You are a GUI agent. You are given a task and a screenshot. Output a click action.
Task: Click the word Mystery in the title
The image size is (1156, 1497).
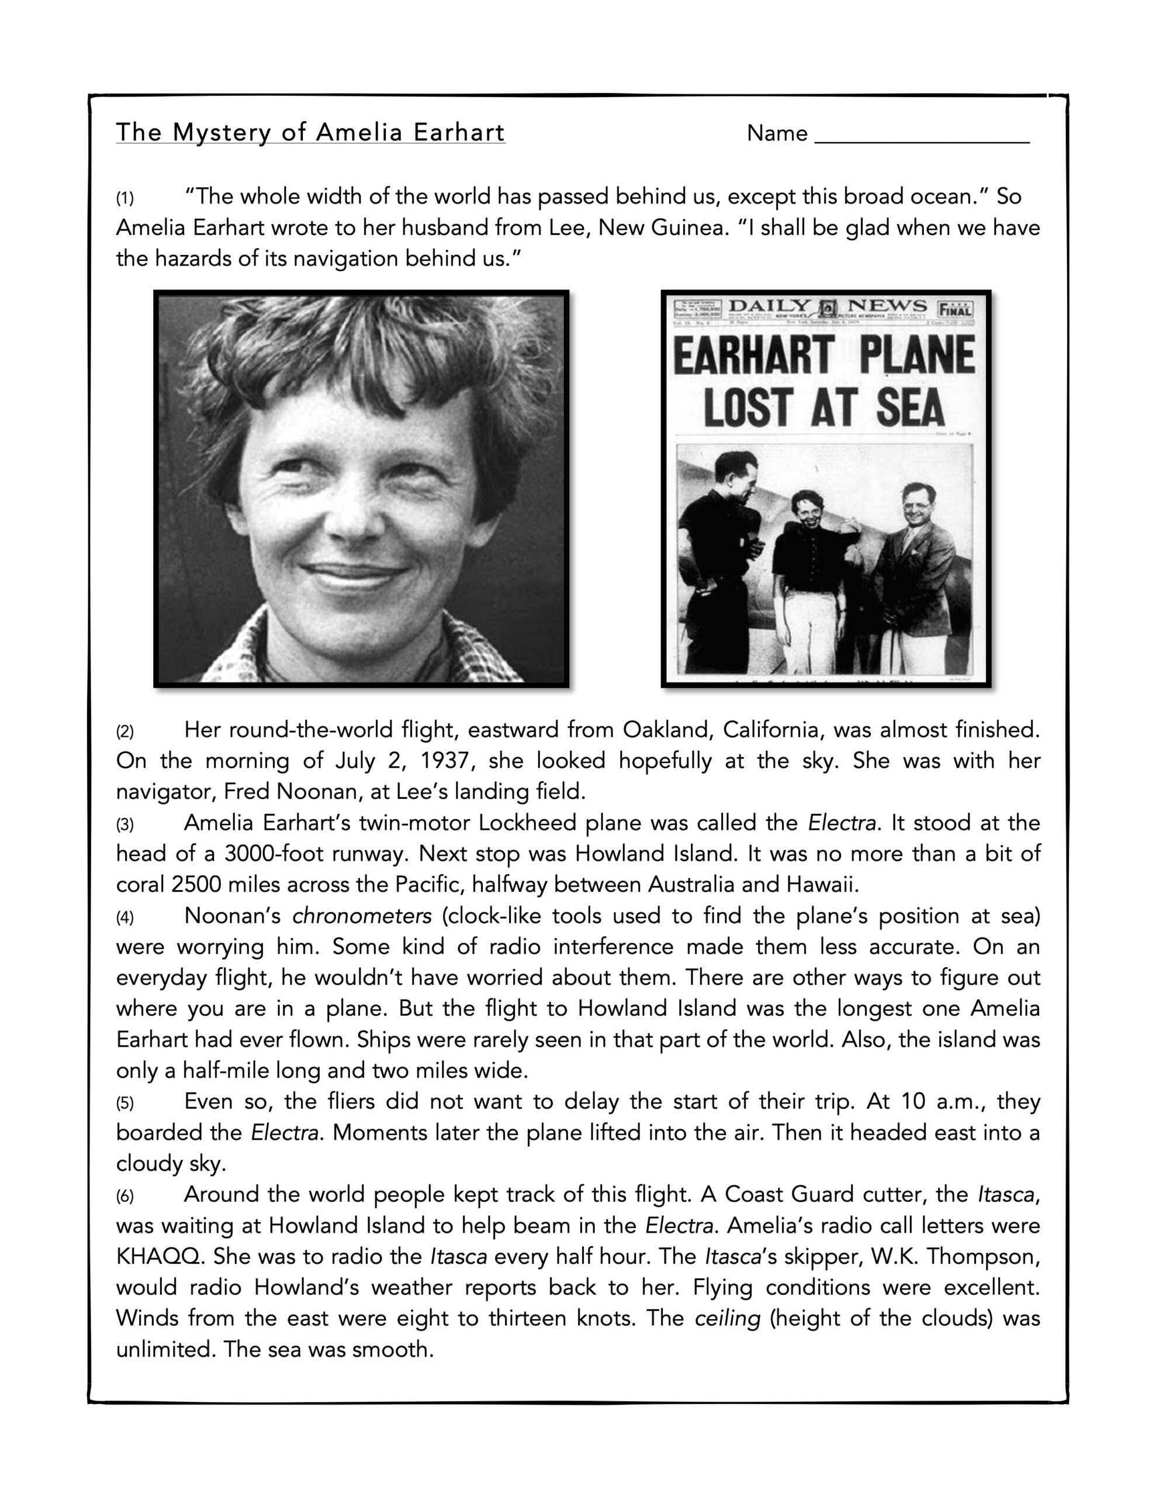(221, 133)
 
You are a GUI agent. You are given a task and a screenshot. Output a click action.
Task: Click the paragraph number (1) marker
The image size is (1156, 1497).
(124, 199)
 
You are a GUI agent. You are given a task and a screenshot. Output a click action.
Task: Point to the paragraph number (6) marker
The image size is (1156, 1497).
(124, 1197)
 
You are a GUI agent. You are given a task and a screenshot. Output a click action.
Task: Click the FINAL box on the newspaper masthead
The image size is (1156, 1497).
(954, 308)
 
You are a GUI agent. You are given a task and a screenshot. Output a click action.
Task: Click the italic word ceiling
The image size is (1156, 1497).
(727, 1319)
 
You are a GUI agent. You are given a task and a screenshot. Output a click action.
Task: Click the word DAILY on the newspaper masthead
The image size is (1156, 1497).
(769, 306)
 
